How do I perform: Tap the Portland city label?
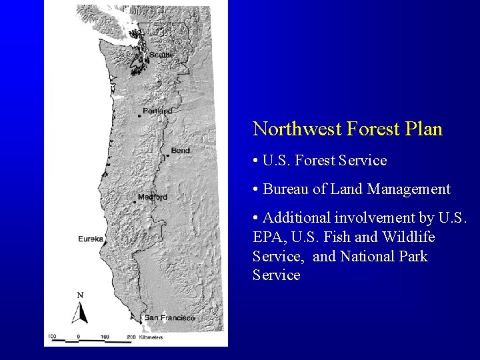[157, 111]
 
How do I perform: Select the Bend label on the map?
[180, 151]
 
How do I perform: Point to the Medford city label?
[153, 197]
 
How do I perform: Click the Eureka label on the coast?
[90, 239]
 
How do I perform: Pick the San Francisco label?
[169, 318]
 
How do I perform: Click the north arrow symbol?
[80, 311]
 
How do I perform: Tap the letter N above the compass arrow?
[80, 295]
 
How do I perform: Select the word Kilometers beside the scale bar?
[147, 338]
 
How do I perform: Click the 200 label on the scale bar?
[131, 337]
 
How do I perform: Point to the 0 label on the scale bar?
[79, 337]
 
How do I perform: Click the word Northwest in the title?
[295, 129]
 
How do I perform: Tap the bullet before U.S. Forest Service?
[256, 161]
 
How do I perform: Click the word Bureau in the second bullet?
[285, 189]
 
